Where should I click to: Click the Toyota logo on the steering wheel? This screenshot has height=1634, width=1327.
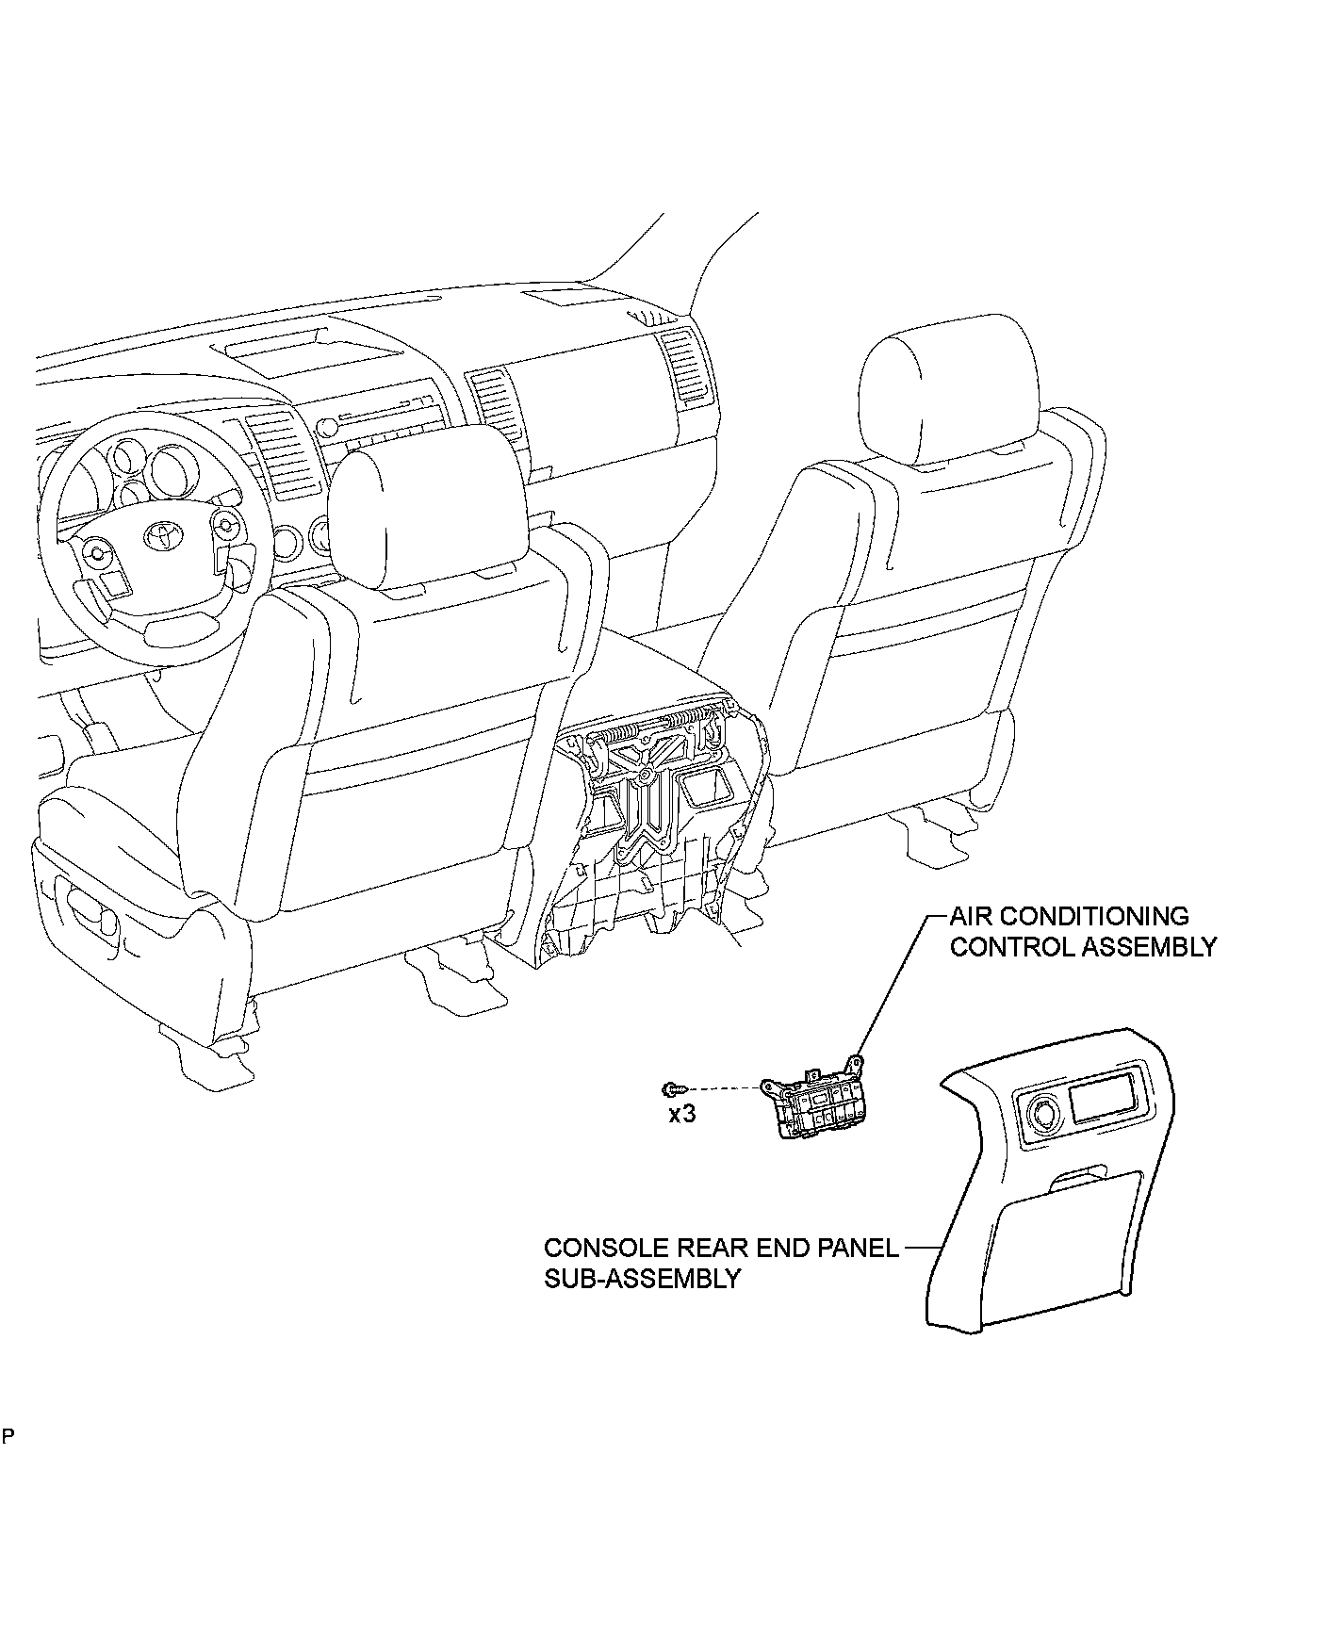[x=161, y=536]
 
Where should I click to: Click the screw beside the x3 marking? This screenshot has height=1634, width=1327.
[x=671, y=1088]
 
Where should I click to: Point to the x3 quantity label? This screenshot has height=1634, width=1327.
[x=681, y=1114]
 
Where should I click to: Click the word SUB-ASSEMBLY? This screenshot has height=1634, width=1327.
[x=641, y=1279]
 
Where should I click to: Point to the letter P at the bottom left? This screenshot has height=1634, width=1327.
[x=8, y=1463]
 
